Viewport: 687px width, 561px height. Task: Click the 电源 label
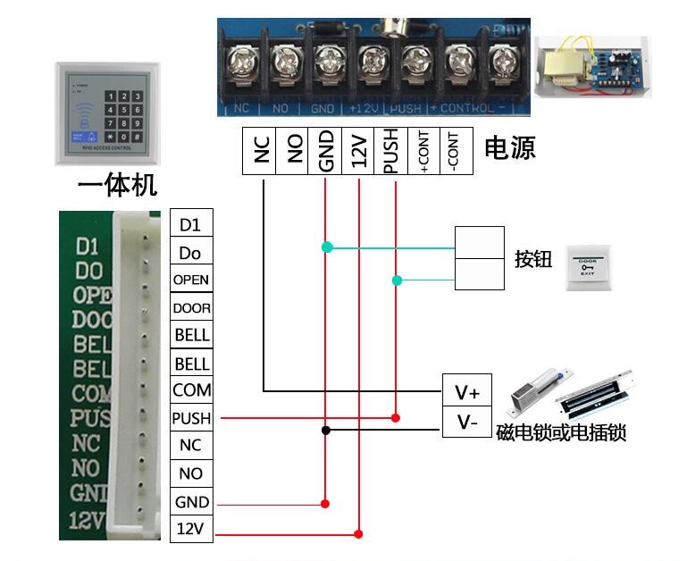(510, 148)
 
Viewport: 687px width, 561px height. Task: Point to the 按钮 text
(533, 260)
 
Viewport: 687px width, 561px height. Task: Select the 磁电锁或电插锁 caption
(561, 432)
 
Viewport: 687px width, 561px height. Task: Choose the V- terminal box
(467, 422)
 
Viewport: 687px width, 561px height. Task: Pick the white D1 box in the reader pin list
(190, 223)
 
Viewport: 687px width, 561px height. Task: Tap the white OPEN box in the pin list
(190, 280)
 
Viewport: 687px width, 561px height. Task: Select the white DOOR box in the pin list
(190, 308)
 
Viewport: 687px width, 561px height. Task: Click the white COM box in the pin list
(190, 390)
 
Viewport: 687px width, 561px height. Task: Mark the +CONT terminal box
(423, 151)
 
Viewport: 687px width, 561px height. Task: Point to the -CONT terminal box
(457, 151)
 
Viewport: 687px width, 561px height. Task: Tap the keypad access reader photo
(107, 113)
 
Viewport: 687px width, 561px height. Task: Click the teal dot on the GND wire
(326, 247)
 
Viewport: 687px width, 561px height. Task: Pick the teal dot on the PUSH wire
(397, 280)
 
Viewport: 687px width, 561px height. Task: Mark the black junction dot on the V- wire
(326, 431)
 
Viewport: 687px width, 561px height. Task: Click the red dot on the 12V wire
(358, 534)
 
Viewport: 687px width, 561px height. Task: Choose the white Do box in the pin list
(190, 253)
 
